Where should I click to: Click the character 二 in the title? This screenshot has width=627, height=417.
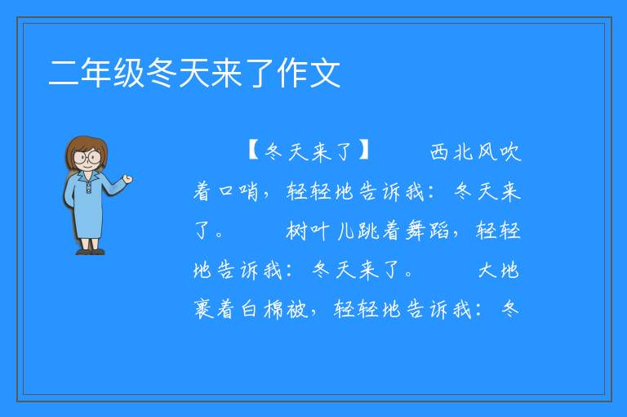[64, 74]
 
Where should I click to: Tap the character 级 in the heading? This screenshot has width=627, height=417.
[129, 74]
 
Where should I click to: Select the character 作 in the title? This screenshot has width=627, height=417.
[292, 74]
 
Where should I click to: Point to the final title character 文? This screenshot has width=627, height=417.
[325, 74]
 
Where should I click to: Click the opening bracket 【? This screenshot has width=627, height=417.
[254, 150]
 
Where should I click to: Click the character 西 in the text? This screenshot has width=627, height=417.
[439, 152]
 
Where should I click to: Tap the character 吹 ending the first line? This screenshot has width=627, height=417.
[509, 152]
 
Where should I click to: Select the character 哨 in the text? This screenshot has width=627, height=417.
[249, 191]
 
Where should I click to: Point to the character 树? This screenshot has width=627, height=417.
[296, 231]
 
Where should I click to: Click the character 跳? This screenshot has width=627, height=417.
[368, 231]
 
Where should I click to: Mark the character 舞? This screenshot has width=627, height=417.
[416, 231]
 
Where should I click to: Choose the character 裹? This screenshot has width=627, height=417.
[203, 310]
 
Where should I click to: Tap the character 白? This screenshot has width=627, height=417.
[249, 310]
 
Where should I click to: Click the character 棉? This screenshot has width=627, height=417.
[274, 310]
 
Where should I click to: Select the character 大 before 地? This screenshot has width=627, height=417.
[487, 271]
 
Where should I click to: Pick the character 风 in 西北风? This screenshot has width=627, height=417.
[487, 152]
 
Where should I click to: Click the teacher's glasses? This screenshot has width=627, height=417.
[87, 157]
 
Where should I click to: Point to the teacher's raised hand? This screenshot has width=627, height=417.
[127, 179]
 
